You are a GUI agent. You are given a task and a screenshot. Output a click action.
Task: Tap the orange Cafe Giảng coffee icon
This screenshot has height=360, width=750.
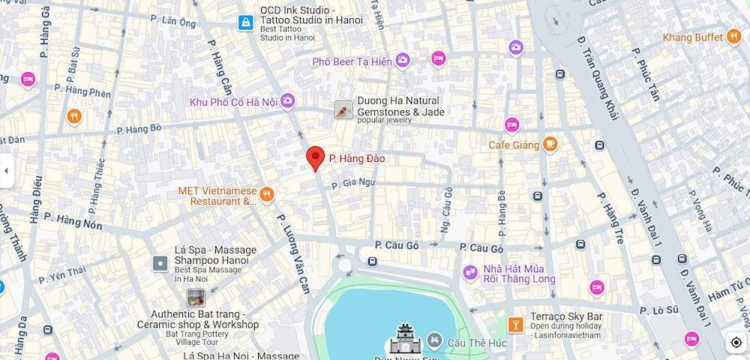550,143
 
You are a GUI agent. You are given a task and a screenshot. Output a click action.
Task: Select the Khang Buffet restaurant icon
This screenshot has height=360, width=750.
734,37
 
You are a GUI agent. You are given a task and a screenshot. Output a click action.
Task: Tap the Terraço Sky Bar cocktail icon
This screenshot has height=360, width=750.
515,324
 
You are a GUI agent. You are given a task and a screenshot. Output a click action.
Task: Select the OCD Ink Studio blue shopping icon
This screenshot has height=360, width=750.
244,22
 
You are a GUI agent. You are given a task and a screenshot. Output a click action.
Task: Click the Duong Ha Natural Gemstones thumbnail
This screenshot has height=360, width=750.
343,111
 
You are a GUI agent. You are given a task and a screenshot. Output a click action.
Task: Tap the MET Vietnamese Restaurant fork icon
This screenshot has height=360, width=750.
266,196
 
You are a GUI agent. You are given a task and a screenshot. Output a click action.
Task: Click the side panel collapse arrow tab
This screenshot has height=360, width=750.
6,170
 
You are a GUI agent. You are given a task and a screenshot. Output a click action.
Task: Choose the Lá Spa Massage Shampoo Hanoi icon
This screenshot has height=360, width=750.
160,263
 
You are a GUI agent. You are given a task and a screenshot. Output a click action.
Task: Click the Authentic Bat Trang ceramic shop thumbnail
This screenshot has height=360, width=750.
196,298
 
